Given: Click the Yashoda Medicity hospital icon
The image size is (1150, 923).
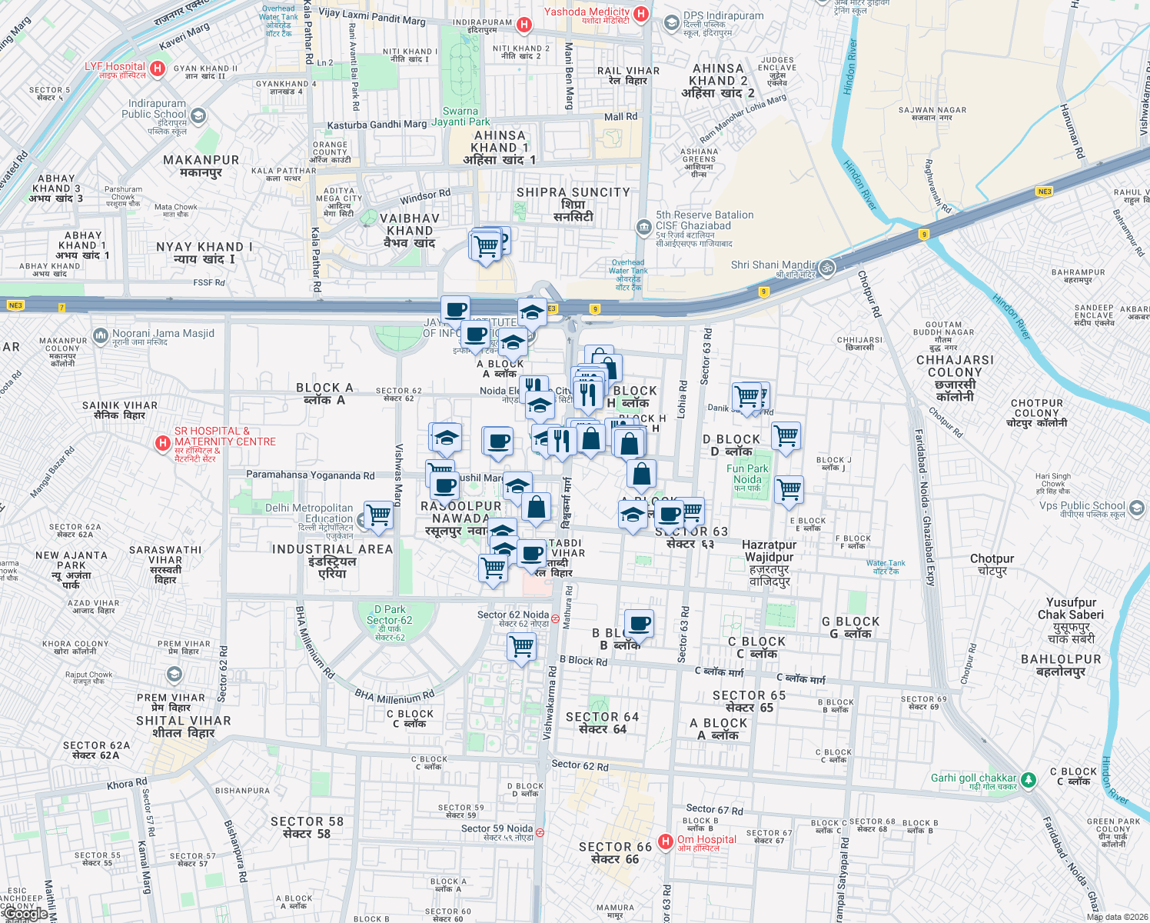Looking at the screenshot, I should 641,14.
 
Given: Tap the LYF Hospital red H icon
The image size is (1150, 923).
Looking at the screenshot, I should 158,69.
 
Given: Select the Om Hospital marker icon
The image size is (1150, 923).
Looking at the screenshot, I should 666,841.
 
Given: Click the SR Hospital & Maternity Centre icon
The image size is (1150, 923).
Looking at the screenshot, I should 162,443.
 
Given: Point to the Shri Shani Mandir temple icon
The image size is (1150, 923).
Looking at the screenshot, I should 826,267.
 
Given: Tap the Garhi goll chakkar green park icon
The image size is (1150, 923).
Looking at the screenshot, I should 1029,780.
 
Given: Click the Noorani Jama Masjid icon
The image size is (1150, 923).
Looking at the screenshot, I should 100,335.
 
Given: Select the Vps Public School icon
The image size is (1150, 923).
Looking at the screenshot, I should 1137,508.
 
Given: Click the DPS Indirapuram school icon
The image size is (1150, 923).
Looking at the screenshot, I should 671,22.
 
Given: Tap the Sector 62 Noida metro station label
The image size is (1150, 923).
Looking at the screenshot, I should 514,615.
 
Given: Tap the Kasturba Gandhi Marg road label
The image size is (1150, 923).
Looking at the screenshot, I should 377,125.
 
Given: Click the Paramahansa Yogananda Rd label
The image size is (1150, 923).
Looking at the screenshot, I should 310,475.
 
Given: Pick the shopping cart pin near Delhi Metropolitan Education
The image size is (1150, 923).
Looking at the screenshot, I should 379,515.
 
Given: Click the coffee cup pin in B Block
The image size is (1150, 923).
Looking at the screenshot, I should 639,623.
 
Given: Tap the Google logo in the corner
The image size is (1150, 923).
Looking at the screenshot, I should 26,914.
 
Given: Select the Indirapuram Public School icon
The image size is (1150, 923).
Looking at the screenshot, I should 198,116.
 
